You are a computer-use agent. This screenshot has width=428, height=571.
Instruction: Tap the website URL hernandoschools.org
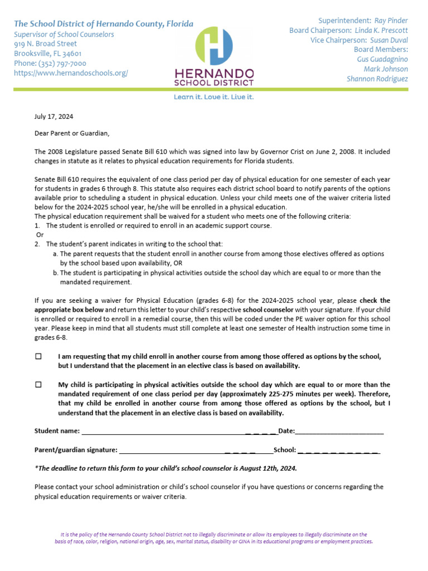(x=71, y=73)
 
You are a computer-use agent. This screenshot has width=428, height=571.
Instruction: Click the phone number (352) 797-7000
(x=50, y=64)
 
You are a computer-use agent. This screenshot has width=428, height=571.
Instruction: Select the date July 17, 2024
(x=53, y=117)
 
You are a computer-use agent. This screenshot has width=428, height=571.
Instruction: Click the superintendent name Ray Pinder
(x=391, y=21)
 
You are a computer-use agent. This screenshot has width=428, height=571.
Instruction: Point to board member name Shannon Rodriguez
(x=377, y=79)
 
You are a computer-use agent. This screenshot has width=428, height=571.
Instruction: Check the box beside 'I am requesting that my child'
(x=38, y=356)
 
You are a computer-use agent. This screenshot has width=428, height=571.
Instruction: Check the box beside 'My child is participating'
(x=38, y=385)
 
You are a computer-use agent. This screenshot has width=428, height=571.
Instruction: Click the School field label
(x=285, y=450)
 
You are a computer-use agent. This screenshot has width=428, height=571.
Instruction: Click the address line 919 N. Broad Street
(x=46, y=43)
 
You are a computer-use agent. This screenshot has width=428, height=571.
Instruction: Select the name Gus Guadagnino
(x=382, y=59)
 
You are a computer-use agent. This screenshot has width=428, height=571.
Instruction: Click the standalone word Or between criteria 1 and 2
(x=40, y=235)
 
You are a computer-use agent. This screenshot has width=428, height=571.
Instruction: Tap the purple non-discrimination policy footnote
(x=214, y=538)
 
